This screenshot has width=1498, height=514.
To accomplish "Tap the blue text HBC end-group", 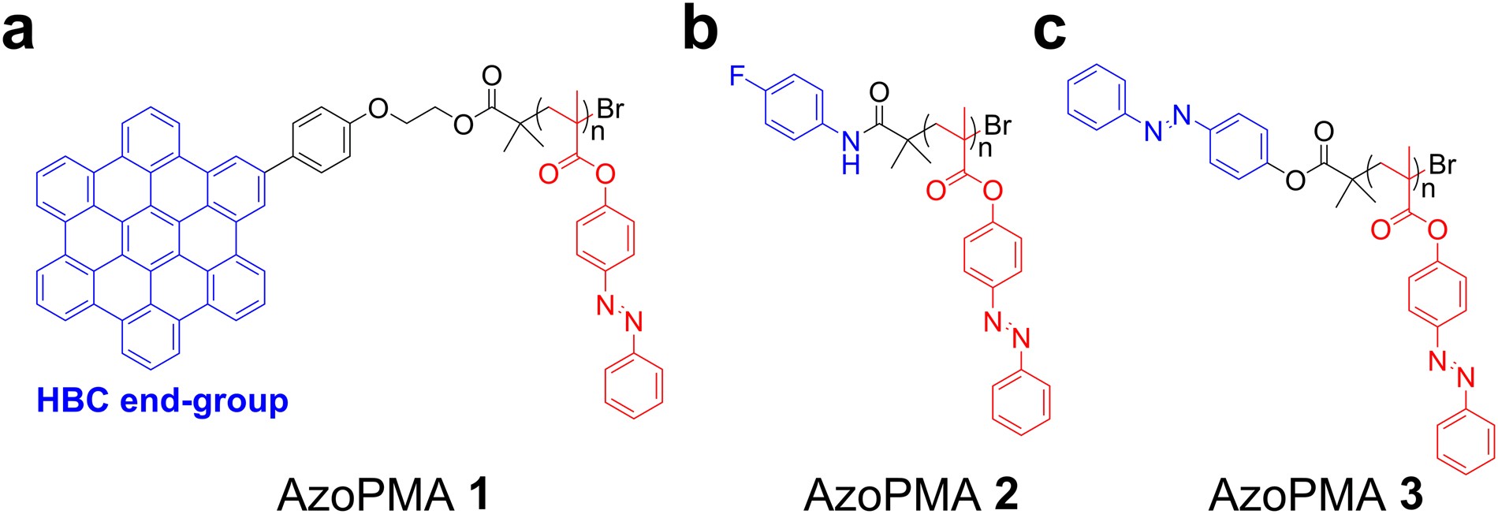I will click(162, 400).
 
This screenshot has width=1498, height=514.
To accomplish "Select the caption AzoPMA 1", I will click(383, 494).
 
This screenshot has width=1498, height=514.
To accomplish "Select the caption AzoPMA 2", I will click(911, 494).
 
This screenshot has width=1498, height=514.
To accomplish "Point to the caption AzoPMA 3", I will click(1315, 494).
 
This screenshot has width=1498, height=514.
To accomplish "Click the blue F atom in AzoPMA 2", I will click(737, 76).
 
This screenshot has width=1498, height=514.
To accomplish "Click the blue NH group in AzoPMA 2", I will click(850, 152).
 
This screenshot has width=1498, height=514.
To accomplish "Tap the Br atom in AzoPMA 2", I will click(997, 125).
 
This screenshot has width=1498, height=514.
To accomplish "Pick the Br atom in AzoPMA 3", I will click(1442, 164).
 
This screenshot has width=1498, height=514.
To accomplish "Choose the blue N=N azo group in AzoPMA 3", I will click(1167, 123).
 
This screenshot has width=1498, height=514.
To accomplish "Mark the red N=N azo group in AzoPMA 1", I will click(620, 313).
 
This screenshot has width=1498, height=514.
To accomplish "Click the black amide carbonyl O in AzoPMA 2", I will click(878, 92).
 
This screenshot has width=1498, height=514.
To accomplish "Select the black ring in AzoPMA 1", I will click(322, 144).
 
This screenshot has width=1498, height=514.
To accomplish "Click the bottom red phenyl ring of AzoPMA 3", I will click(1466, 446).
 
